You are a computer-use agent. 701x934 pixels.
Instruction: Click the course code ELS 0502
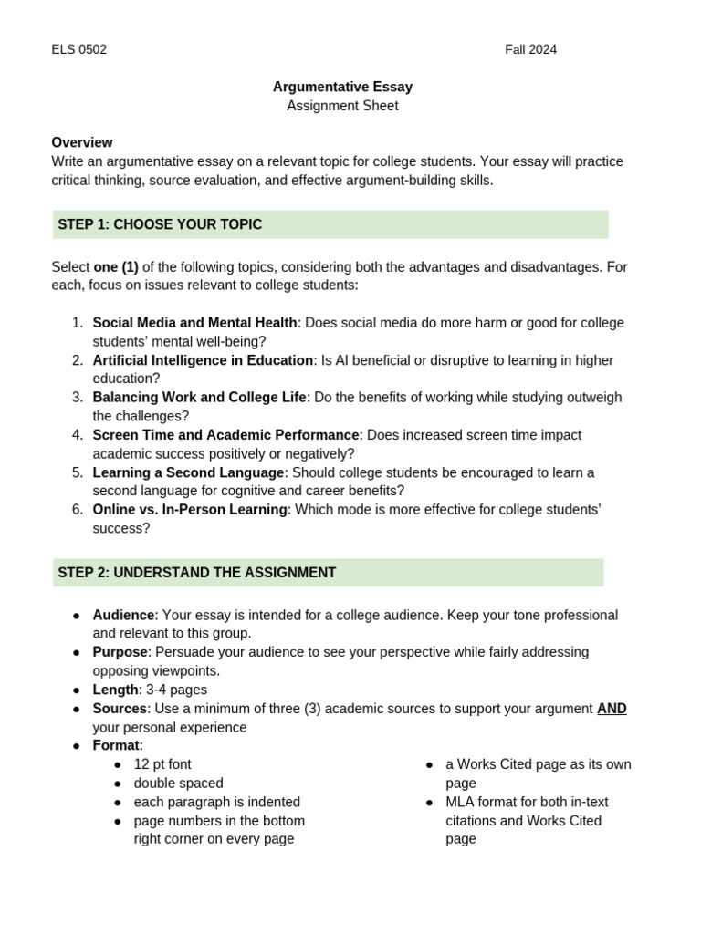coord(79,49)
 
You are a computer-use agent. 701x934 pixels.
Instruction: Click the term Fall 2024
coord(530,49)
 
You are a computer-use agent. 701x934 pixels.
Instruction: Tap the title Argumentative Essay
coord(342,87)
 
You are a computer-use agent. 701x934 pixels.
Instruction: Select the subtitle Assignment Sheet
coord(342,106)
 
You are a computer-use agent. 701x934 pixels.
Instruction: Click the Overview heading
coord(82,142)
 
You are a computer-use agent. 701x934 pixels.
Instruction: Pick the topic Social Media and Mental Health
coord(194,323)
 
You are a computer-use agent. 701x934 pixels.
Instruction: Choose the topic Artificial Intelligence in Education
coord(203,360)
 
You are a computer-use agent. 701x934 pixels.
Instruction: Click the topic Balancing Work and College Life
coord(200,398)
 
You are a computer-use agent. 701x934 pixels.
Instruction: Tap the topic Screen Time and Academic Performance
coord(225,435)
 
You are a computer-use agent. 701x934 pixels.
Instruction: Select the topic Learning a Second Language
coord(188,472)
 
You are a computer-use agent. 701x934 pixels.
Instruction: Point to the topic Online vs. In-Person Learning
coord(190,510)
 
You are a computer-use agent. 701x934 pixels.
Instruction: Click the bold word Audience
coord(123,616)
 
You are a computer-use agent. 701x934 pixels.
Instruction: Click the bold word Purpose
coord(120,652)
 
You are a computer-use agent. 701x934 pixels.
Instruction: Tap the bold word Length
coord(115,690)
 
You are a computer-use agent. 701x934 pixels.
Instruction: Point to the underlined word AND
coord(612,709)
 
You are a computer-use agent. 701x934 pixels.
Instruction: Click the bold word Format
coord(116,746)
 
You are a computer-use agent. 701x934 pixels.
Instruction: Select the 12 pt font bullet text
coord(162,764)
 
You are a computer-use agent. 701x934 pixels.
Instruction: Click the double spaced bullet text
coord(178,784)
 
